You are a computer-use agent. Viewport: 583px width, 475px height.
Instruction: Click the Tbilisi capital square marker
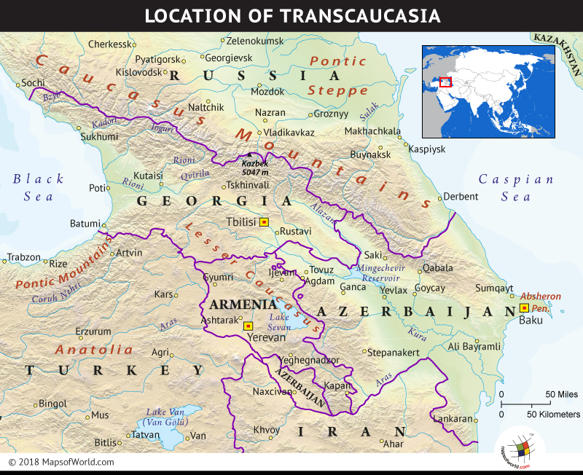click(264, 221)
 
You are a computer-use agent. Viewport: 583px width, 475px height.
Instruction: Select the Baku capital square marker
click(523, 308)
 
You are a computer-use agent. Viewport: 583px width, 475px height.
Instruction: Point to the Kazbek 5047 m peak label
click(257, 169)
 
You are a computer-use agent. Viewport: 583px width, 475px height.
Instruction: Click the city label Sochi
click(33, 83)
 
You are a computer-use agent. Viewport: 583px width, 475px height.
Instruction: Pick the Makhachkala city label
click(372, 131)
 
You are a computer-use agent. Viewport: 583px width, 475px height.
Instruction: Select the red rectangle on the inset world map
click(445, 82)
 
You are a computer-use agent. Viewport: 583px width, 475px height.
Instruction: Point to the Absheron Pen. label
click(540, 302)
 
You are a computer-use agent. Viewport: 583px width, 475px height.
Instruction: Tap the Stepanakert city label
click(394, 353)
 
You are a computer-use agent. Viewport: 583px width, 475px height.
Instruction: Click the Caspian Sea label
click(515, 187)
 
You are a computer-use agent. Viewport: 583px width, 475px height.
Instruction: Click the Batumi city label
click(83, 224)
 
